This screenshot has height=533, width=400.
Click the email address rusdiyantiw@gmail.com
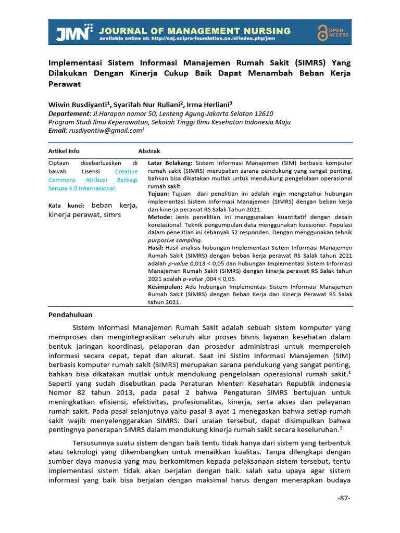pyautogui.click(x=106, y=131)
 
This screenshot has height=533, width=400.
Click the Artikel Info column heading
pyautogui.click(x=64, y=151)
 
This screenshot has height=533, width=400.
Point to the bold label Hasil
pyautogui.click(x=156, y=248)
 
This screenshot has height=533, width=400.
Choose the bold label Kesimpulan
pyautogui.click(x=165, y=286)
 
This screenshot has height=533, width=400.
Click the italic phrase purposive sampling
pyautogui.click(x=175, y=240)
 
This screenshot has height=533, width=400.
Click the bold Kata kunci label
pyautogui.click(x=66, y=206)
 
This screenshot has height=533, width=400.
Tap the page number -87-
pyautogui.click(x=344, y=498)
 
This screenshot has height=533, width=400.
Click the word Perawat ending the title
pyautogui.click(x=65, y=84)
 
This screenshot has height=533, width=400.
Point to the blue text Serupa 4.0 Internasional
pyautogui.click(x=82, y=188)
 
